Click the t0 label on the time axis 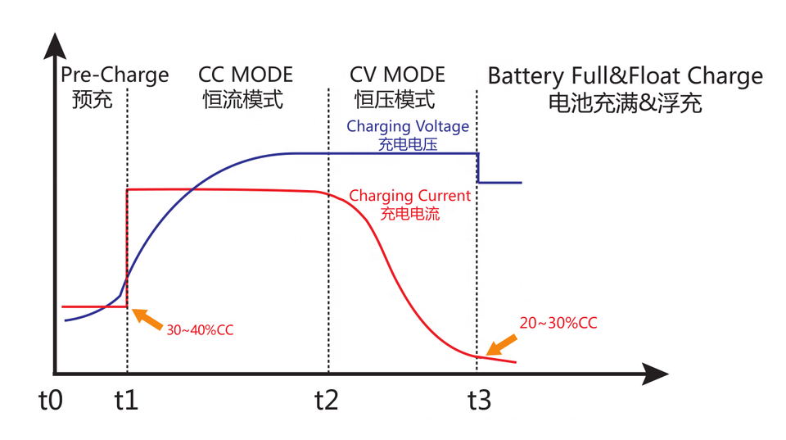click(51, 401)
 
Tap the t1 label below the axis click(127, 401)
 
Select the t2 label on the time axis click(327, 401)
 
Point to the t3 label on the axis click(479, 401)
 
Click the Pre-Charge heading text click(115, 76)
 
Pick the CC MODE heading click(246, 76)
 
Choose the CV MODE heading click(397, 76)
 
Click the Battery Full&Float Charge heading click(625, 77)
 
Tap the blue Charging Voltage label click(408, 127)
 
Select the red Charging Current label click(409, 197)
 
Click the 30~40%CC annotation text click(200, 330)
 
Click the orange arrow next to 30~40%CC click(147, 317)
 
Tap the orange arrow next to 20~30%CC click(503, 342)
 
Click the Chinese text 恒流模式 click(243, 101)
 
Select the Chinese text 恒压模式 click(395, 101)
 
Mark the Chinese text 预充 click(92, 101)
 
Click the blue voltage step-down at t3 click(478, 168)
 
